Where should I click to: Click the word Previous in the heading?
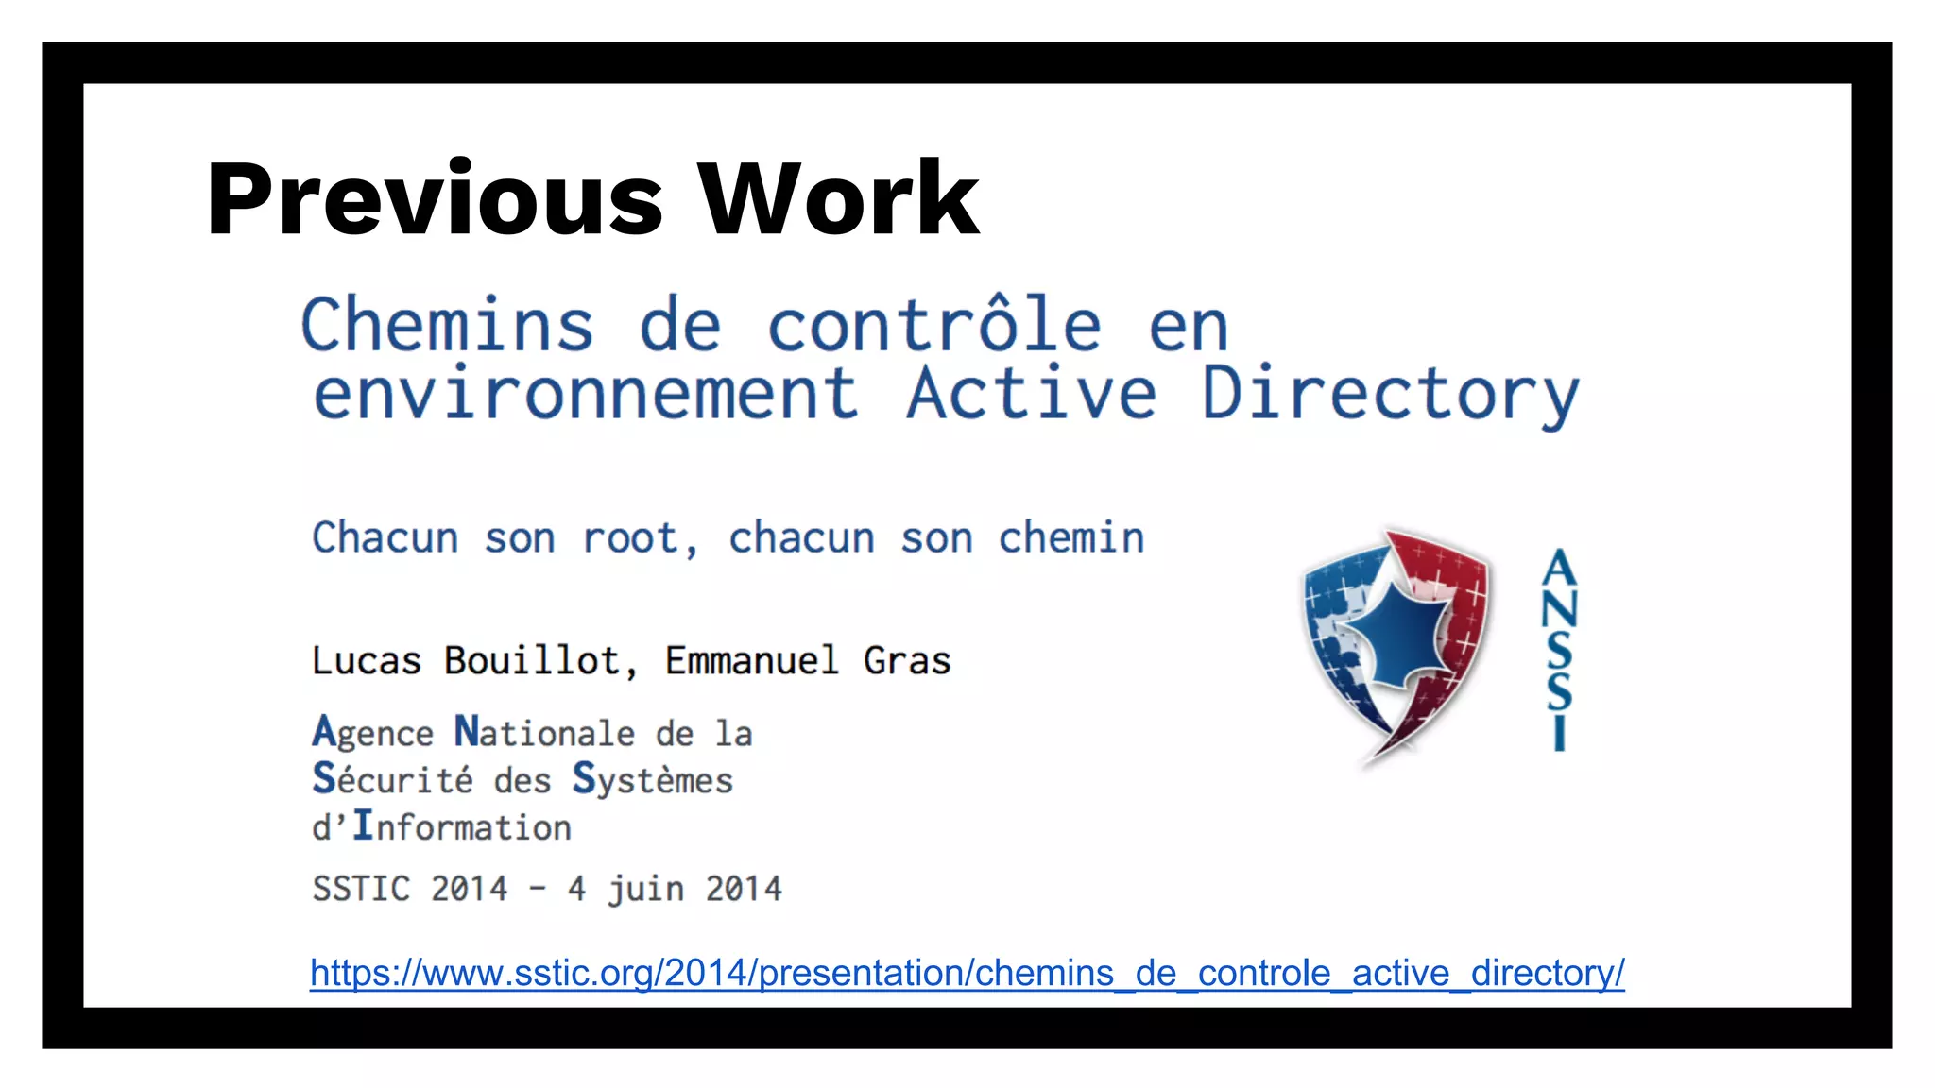[435, 199]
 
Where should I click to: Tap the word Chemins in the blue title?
[447, 325]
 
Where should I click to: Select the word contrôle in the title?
[933, 325]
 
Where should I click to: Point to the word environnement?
[586, 394]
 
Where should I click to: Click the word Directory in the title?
[1390, 394]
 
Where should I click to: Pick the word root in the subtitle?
[630, 538]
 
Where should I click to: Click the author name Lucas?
[367, 660]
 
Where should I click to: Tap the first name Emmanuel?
[751, 660]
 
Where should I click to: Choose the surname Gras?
[907, 660]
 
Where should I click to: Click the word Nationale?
[544, 732]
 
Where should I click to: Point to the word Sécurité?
[392, 779]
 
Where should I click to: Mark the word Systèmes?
[652, 781]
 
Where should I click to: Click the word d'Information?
[441, 826]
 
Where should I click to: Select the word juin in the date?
[645, 889]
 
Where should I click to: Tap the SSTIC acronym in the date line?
[361, 889]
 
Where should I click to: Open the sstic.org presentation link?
[967, 973]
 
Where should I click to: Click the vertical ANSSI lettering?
[1559, 650]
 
